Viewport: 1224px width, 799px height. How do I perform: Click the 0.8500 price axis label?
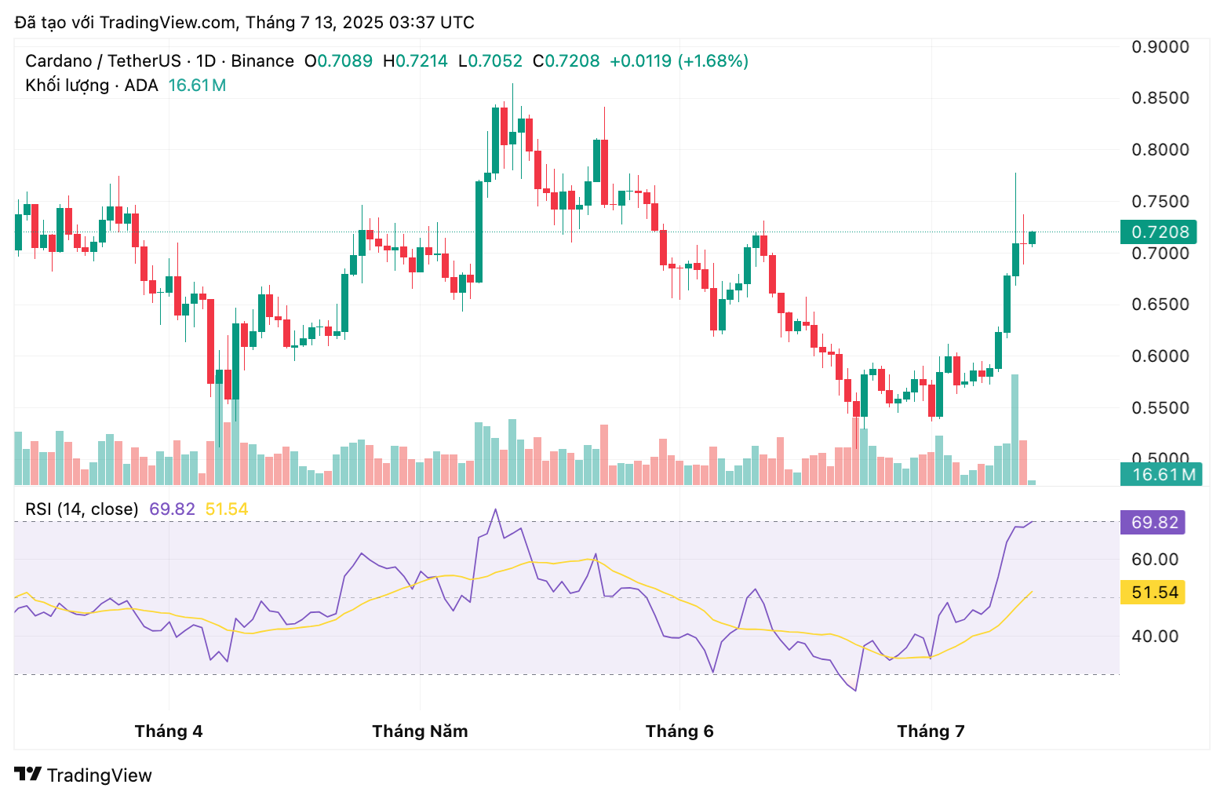coord(1160,98)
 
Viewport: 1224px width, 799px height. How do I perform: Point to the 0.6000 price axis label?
coord(1160,356)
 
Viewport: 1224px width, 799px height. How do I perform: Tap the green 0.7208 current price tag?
coord(1159,232)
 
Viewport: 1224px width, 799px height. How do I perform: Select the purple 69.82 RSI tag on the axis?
coord(1153,523)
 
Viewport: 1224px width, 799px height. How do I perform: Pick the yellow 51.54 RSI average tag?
coord(1153,593)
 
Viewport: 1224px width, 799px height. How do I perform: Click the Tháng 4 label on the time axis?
coord(169,732)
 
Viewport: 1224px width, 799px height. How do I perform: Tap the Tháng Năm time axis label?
coord(420,732)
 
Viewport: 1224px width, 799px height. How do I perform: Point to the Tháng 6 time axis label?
coord(679,732)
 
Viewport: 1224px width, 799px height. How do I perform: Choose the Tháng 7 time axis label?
coord(931,732)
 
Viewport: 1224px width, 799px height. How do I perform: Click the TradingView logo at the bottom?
coord(83,775)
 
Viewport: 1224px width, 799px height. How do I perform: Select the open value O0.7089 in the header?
coord(338,61)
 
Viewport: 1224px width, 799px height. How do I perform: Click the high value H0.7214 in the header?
coord(415,61)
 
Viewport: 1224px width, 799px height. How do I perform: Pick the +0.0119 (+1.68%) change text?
coord(679,61)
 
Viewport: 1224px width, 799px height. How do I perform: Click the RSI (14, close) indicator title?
coord(82,509)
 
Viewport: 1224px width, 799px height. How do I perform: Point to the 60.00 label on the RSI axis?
coord(1155,560)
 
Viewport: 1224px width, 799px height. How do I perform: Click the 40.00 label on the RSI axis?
coord(1155,637)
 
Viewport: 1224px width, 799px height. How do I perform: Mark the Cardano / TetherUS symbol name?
coord(103,61)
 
